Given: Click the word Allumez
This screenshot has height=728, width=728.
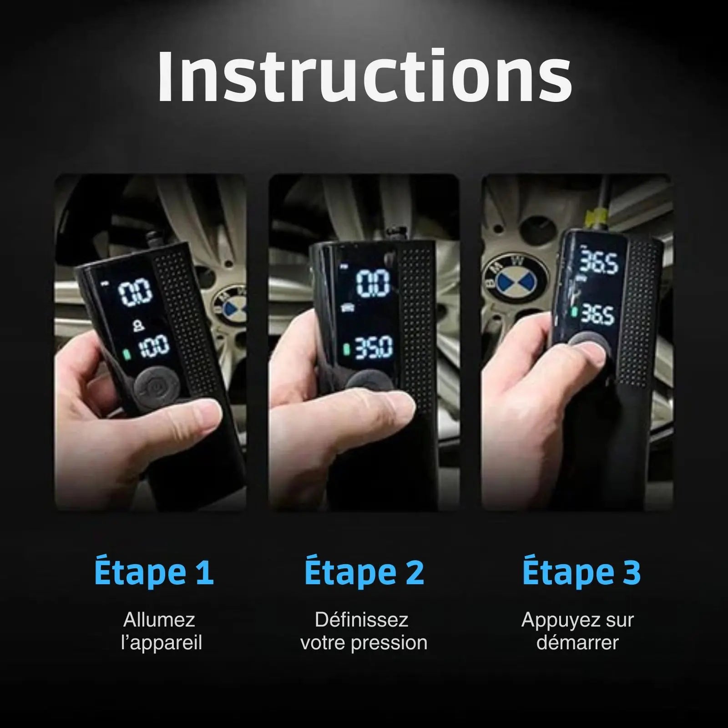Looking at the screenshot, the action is click(159, 620).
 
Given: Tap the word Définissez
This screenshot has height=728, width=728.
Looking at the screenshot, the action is click(362, 620).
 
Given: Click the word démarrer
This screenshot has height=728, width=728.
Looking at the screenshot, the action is click(578, 643).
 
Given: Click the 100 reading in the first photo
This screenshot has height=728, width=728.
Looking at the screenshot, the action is click(153, 346).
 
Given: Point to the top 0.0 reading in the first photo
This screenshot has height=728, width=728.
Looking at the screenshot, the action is click(135, 293).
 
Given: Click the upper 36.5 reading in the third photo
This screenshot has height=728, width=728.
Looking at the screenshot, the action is click(599, 262).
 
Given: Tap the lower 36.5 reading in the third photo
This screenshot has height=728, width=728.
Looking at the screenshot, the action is click(598, 314).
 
